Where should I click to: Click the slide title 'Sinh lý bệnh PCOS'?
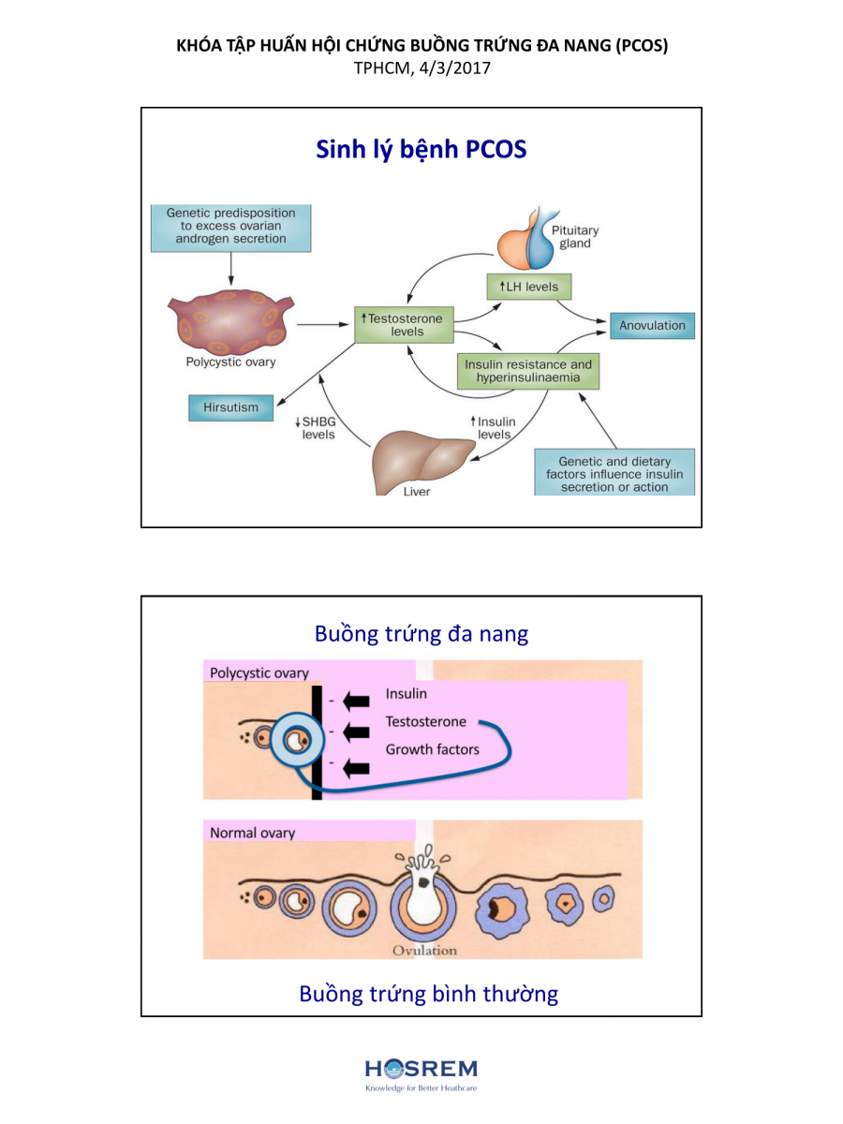click(x=421, y=149)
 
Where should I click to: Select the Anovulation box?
click(x=652, y=326)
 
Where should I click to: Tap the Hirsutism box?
click(x=230, y=407)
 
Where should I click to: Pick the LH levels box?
click(x=528, y=286)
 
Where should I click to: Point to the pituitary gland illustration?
click(x=531, y=240)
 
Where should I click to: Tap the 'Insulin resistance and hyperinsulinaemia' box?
click(x=527, y=371)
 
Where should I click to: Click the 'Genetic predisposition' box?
click(x=230, y=226)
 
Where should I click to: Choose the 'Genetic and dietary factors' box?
click(x=614, y=473)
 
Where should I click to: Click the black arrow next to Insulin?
click(x=356, y=699)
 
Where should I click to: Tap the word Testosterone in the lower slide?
click(x=425, y=721)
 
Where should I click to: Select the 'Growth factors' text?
click(x=432, y=749)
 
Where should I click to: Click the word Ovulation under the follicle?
click(x=424, y=950)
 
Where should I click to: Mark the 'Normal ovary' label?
click(x=252, y=833)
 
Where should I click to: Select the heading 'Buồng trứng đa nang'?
click(x=421, y=633)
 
